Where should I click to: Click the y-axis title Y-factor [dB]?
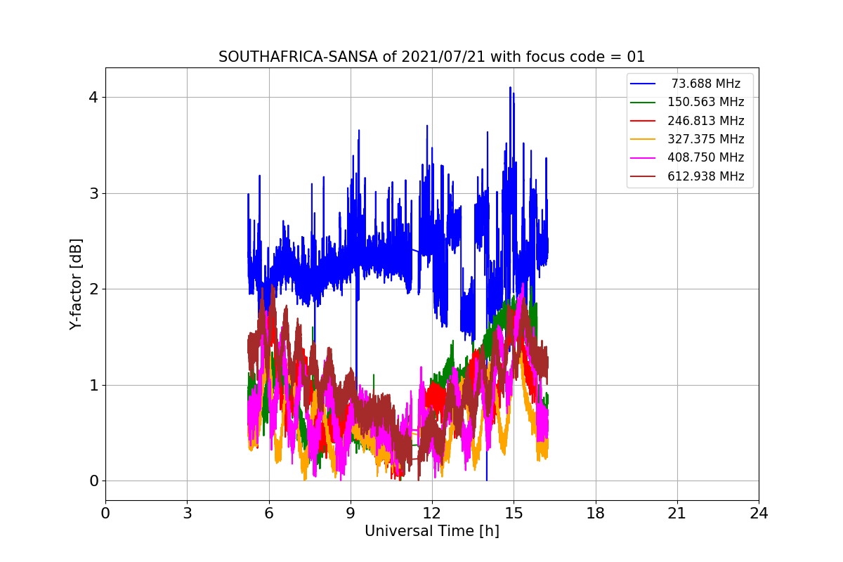click(x=76, y=284)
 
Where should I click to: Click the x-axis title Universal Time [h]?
click(x=431, y=531)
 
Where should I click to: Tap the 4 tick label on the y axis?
click(x=93, y=97)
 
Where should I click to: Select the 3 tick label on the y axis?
click(x=93, y=193)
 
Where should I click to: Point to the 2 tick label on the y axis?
click(x=93, y=289)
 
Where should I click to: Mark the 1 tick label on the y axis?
click(x=93, y=385)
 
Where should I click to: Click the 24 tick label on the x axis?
click(x=759, y=514)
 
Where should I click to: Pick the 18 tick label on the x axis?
click(x=596, y=514)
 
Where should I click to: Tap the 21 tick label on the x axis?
click(x=677, y=514)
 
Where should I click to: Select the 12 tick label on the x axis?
click(x=432, y=514)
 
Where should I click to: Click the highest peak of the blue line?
click(x=510, y=88)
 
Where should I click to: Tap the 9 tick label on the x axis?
click(x=351, y=514)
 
